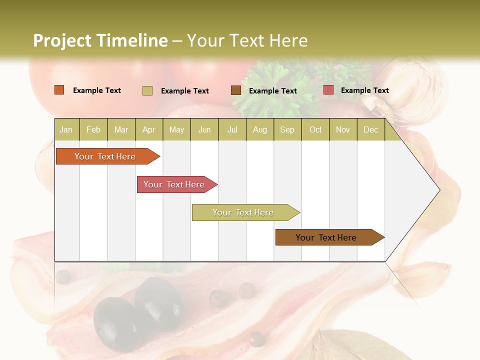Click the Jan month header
(66, 129)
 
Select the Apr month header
(149, 129)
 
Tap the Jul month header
(232, 129)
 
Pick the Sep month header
(287, 129)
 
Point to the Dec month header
(370, 129)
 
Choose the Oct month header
(315, 129)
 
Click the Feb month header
(93, 129)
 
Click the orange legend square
(59, 90)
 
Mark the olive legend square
(147, 90)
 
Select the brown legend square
(236, 90)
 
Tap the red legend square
(328, 90)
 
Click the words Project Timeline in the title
(100, 40)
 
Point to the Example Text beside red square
(364, 90)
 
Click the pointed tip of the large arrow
(438, 189)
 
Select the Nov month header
(343, 129)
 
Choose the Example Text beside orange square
(96, 90)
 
